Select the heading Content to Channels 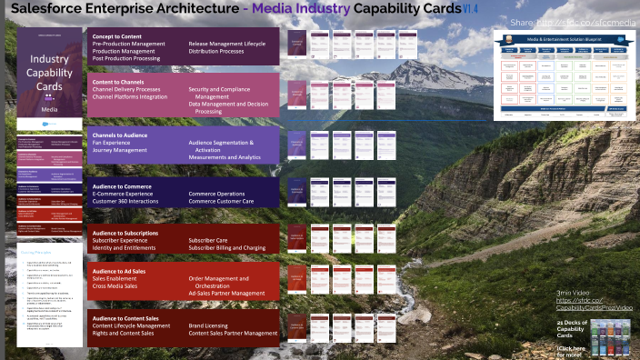click(120, 82)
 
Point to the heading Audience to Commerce click(121, 186)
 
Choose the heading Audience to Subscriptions click(126, 232)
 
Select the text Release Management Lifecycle click(226, 44)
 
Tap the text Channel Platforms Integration click(130, 96)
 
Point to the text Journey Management click(120, 150)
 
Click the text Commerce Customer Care click(221, 201)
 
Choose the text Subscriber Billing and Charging click(227, 246)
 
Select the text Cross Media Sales click(116, 286)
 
